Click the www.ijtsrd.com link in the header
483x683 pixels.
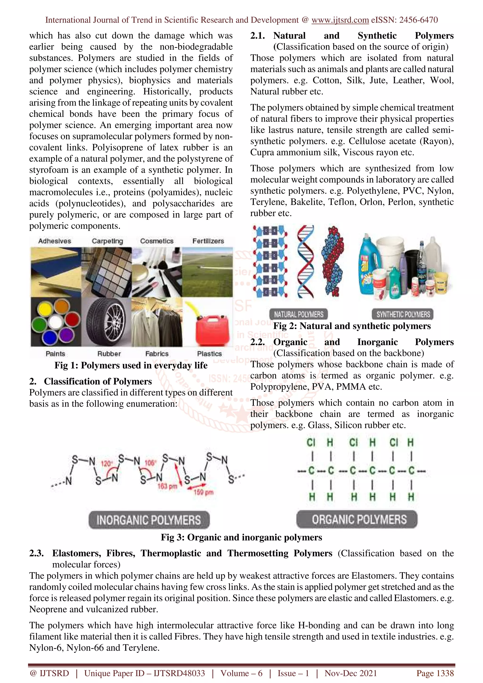point(340,20)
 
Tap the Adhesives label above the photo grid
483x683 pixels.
point(55,241)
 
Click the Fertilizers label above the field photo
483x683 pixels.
point(208,241)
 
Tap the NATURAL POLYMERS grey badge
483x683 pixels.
point(299,314)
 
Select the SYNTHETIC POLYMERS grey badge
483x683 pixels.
point(403,314)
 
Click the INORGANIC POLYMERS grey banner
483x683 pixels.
point(149,520)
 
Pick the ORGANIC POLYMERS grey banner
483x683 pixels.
point(359,519)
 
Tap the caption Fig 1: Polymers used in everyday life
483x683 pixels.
point(131,365)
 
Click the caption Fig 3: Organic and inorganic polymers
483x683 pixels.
point(241,537)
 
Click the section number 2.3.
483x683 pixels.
point(36,553)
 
